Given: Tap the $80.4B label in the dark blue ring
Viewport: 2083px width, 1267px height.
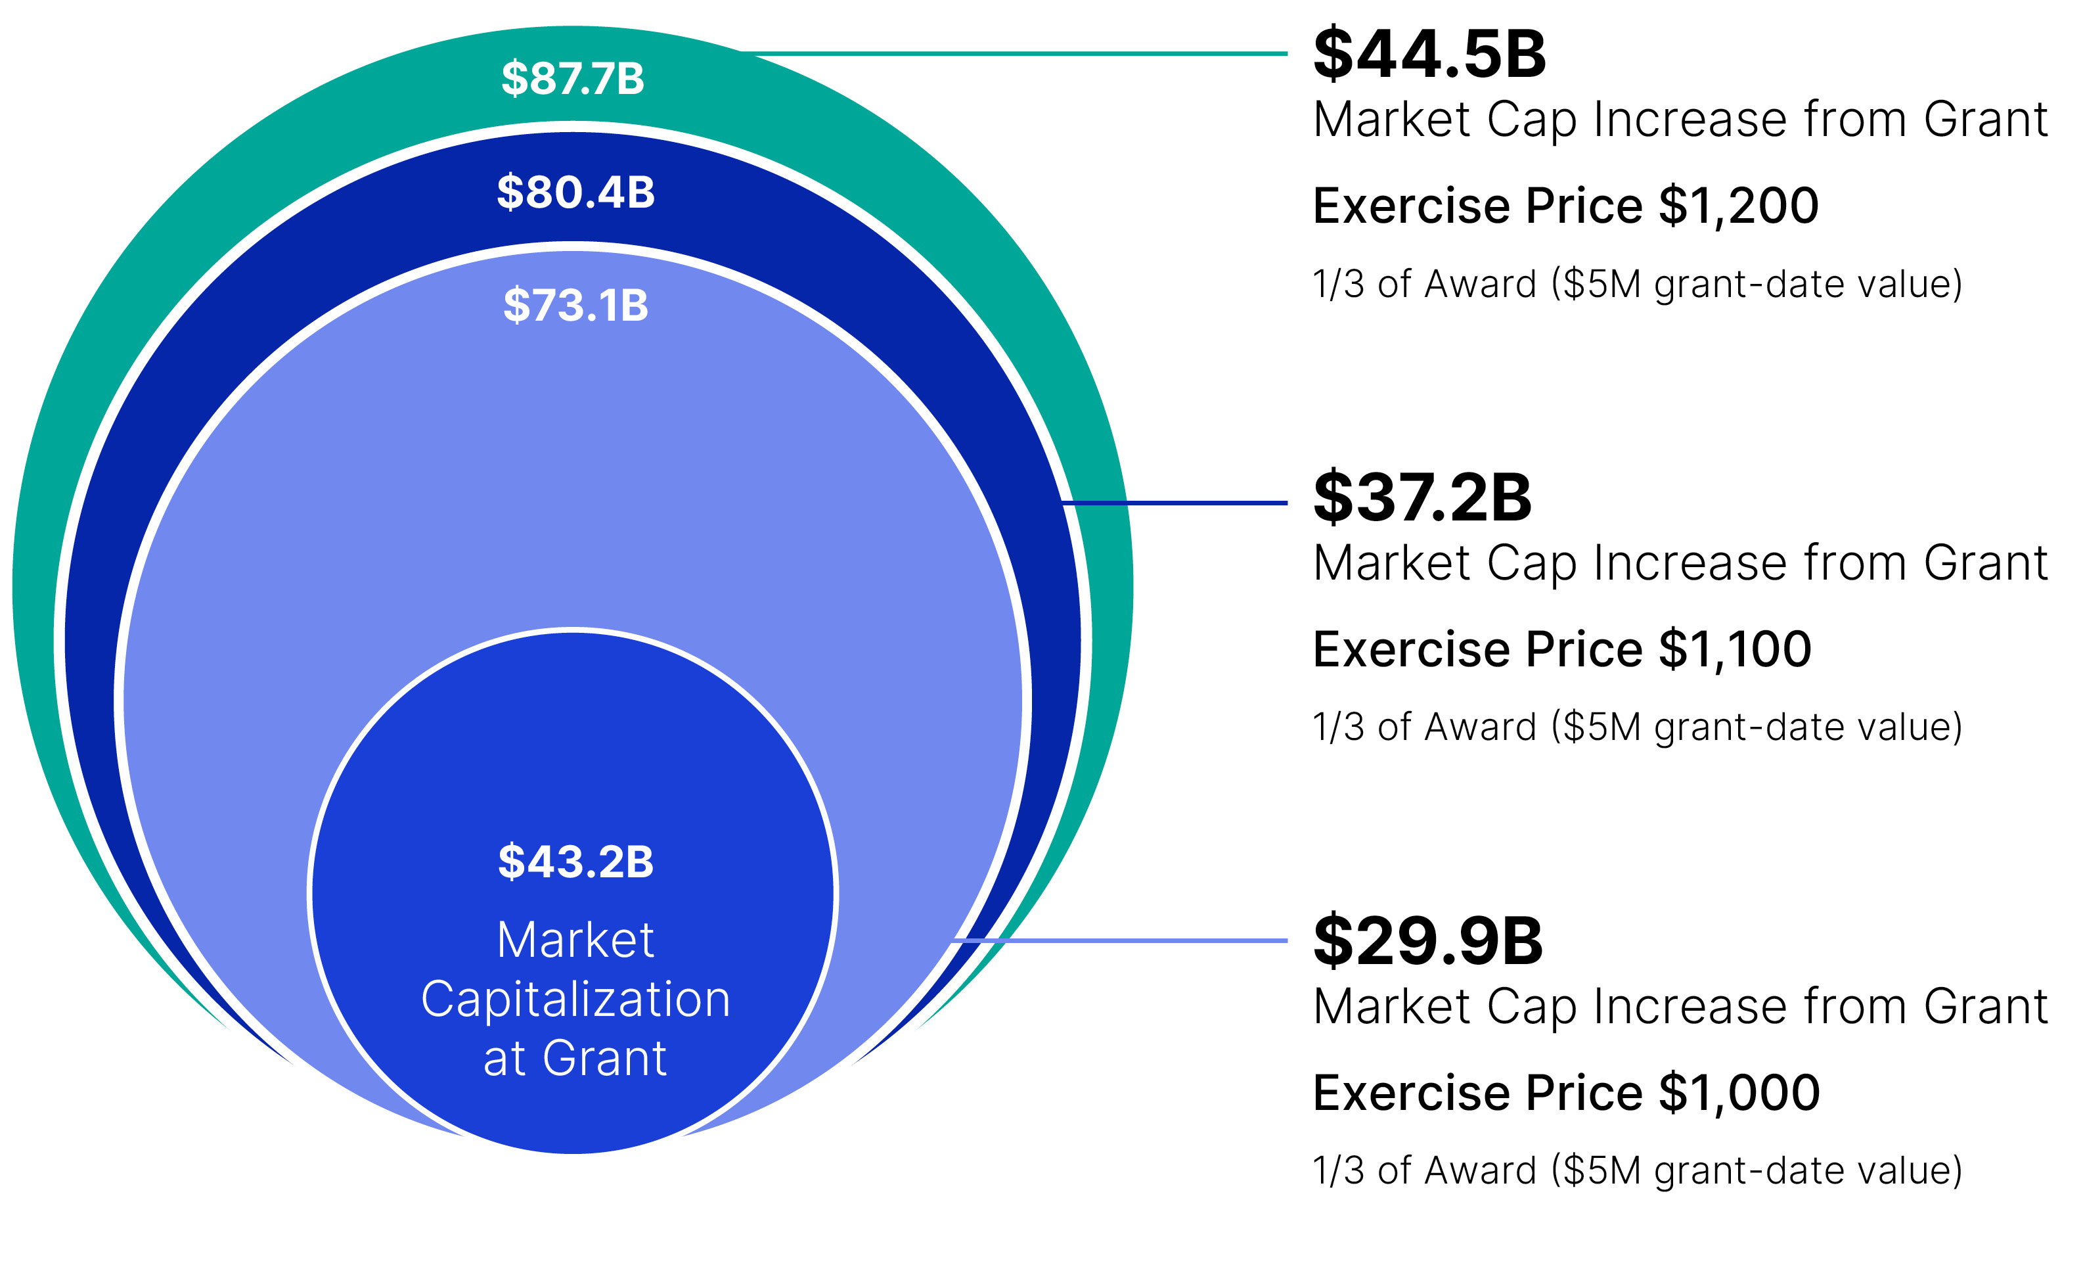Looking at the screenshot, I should [575, 192].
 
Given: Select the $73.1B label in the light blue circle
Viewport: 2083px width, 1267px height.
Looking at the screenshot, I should [575, 306].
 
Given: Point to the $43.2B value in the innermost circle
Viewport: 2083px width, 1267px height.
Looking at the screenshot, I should [575, 862].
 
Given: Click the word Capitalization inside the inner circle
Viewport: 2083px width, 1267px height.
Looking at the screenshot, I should [575, 999].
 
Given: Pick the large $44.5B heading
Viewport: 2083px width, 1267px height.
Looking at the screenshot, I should [1429, 54].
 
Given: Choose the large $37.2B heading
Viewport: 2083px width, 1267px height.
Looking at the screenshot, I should [1422, 497].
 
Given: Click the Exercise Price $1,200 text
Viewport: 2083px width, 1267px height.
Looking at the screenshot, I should [1565, 206].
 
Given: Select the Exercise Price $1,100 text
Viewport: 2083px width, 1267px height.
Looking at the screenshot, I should [1561, 649].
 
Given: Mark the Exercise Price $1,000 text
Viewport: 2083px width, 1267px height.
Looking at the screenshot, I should [1565, 1092].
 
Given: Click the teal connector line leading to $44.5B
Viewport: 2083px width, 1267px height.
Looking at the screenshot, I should [1014, 53].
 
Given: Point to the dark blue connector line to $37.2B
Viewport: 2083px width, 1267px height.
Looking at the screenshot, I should [1175, 503].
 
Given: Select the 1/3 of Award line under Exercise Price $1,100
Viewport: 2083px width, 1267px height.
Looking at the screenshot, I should [1637, 727].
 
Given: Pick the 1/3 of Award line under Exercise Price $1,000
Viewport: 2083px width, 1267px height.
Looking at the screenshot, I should [1637, 1170].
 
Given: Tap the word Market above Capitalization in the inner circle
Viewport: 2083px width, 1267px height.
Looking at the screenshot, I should [575, 940].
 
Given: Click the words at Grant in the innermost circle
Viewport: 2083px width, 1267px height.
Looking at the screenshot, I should [575, 1058].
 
